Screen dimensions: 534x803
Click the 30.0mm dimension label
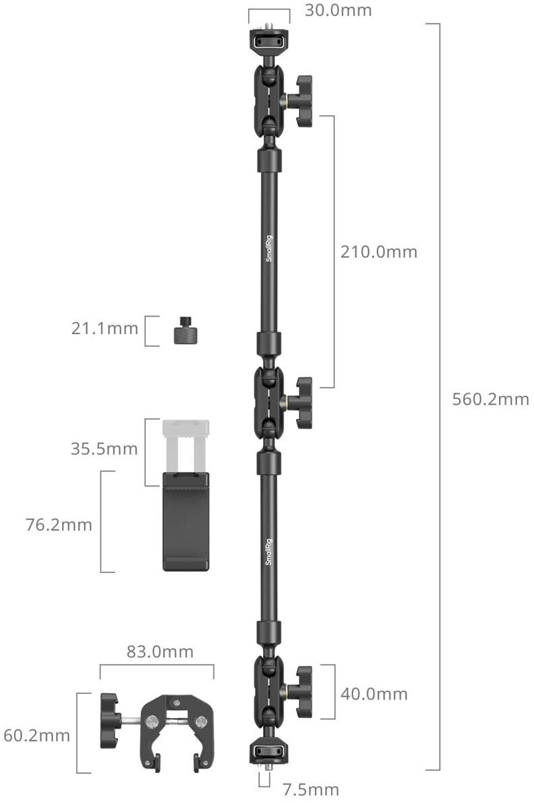point(338,10)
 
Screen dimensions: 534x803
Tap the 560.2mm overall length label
point(490,399)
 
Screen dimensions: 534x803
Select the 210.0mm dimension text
point(379,251)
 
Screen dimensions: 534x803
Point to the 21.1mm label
point(105,328)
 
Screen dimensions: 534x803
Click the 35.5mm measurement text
point(104,449)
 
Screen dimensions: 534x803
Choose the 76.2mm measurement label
point(59,524)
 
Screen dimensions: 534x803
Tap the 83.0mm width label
point(160,651)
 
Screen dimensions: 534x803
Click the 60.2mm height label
point(36,736)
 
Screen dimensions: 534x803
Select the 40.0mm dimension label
point(374,694)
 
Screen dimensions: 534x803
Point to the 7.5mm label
point(311,789)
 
